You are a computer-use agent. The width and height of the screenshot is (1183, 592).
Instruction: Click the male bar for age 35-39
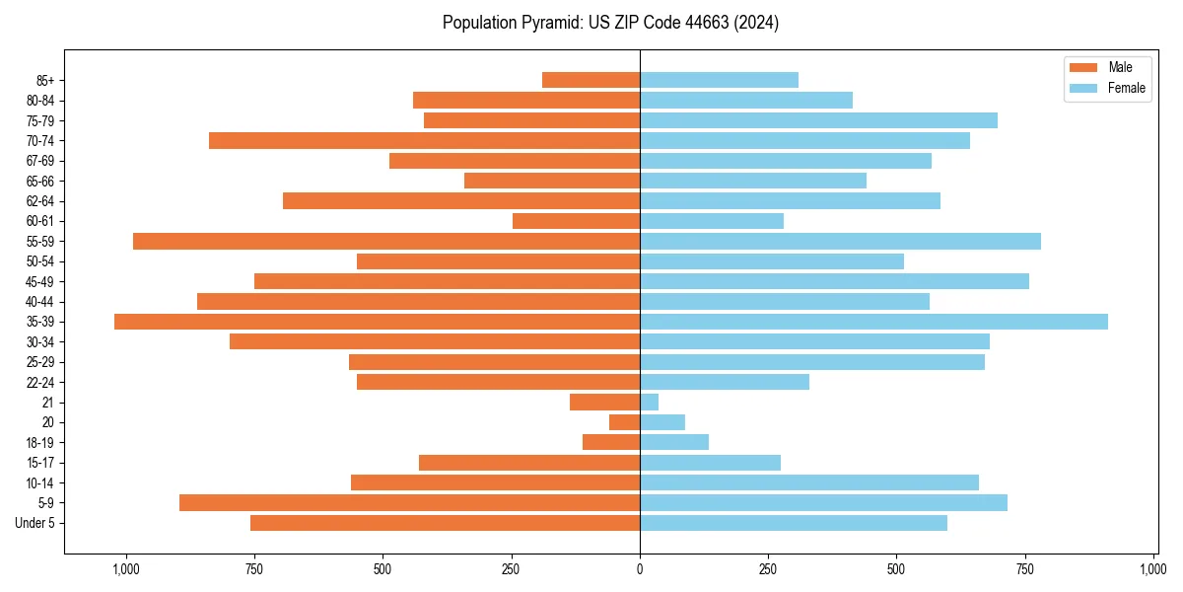click(377, 322)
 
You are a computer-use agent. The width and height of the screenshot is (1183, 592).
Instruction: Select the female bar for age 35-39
click(873, 322)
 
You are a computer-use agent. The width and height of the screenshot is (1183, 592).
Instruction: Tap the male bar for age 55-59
click(386, 241)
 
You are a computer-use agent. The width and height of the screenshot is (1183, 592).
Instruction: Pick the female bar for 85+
click(719, 80)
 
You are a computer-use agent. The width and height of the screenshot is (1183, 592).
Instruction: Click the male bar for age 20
click(624, 422)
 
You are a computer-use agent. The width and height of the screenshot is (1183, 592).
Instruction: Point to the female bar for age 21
click(649, 402)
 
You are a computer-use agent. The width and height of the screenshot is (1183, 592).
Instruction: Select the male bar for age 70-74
click(424, 140)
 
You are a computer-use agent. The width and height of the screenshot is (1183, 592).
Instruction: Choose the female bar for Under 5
click(793, 523)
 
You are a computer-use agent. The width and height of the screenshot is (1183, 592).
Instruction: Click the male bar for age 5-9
click(409, 502)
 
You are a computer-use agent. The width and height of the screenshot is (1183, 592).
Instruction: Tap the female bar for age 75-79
click(818, 120)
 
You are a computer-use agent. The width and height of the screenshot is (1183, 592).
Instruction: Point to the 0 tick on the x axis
click(640, 568)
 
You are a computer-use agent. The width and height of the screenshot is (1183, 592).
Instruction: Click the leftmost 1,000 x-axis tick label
click(125, 568)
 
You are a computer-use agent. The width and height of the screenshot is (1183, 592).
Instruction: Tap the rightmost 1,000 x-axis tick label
click(1153, 568)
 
